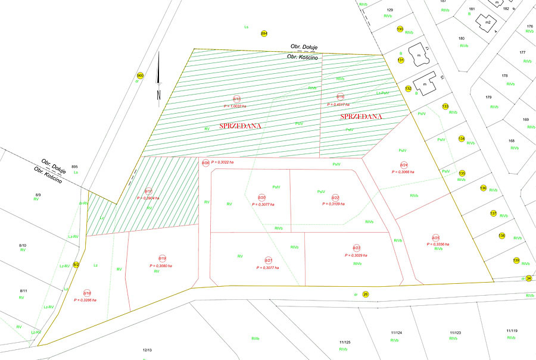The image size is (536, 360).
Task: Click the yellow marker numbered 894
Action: pos(264,33)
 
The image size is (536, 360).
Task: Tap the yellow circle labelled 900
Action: pos(140,76)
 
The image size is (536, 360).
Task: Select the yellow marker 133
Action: pos(445,107)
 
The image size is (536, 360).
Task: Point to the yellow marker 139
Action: pos(516,261)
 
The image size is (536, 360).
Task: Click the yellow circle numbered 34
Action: pos(528,278)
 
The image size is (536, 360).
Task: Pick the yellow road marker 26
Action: pos(366,294)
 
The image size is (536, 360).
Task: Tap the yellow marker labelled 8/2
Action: pos(76,264)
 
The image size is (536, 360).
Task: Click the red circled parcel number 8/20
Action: pos(261,197)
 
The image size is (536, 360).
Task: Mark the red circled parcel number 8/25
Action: pos(436,237)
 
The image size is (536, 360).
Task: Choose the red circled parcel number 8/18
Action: pos(87,293)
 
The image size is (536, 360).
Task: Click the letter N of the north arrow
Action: pos(159,95)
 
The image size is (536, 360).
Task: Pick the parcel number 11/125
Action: pos(344,343)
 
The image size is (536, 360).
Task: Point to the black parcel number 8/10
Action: pos(23,245)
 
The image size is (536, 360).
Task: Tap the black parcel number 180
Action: pos(461,38)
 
